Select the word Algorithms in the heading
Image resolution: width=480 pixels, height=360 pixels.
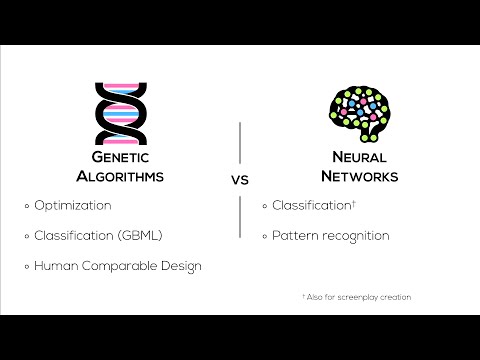120,177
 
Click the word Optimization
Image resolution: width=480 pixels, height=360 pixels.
72,206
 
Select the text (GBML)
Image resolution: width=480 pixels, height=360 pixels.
139,236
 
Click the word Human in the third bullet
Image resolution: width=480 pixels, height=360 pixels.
53,266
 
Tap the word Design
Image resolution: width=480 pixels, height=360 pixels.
181,266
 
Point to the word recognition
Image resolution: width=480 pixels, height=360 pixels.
354,236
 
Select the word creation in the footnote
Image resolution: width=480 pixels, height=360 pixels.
397,297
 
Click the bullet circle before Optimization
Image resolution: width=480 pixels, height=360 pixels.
27,206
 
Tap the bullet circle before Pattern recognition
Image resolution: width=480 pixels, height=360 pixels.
265,236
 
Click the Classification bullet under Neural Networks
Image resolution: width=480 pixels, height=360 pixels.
314,206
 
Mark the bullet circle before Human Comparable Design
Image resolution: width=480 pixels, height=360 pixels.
27,266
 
